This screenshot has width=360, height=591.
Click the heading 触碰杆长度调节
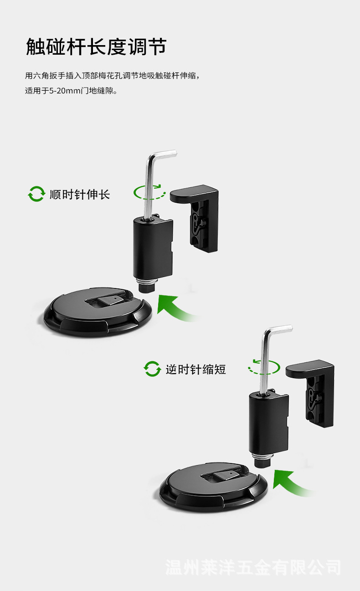96,46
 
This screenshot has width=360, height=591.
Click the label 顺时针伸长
80,195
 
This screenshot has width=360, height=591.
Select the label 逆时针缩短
195,370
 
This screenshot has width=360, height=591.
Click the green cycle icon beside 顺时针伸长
36,194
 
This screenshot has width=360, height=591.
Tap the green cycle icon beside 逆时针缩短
152,369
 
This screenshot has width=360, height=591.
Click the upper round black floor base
98,312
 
